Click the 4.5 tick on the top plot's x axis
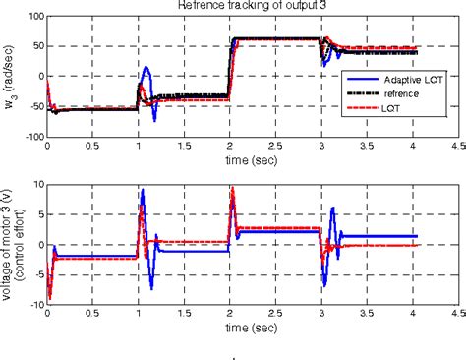point(454,147)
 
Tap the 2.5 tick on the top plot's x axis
point(273,147)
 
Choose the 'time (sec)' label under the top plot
point(250,159)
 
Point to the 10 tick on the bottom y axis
point(36,183)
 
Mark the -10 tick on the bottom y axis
point(33,304)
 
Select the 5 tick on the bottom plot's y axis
point(39,213)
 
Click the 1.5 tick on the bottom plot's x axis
point(183,314)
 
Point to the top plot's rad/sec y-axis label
point(11,77)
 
